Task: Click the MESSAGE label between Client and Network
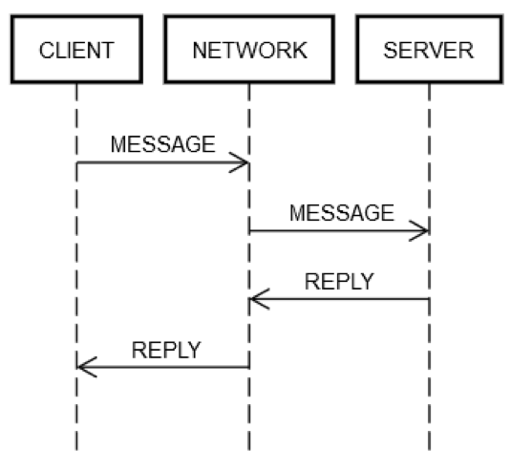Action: [163, 144]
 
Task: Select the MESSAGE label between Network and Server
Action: [341, 212]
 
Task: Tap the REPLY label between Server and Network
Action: [339, 281]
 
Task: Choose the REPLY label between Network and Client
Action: [166, 350]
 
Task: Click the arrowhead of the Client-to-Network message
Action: [241, 163]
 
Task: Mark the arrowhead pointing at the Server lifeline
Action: [420, 231]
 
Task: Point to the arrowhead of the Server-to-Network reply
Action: [258, 300]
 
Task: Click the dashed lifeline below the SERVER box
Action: [429, 401]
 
